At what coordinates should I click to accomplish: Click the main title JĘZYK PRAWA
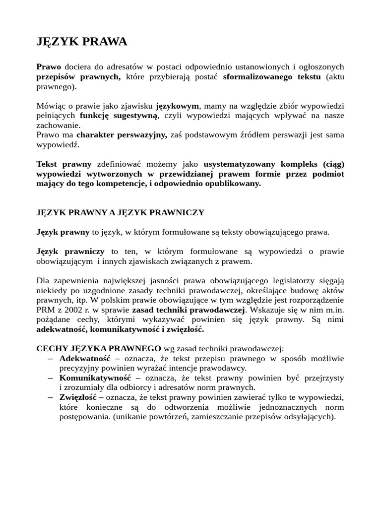(x=82, y=42)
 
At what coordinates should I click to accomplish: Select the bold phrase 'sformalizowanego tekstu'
(x=272, y=76)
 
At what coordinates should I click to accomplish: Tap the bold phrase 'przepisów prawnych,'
(x=78, y=76)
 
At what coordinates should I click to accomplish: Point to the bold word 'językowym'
(x=177, y=106)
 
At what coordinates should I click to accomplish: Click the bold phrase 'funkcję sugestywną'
(x=119, y=116)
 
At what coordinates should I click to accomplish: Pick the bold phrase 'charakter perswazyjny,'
(x=122, y=135)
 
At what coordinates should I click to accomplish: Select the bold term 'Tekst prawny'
(x=64, y=164)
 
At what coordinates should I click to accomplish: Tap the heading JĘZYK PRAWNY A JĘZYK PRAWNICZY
(x=120, y=212)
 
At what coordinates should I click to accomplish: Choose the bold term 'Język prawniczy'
(x=70, y=252)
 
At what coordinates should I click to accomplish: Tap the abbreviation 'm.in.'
(x=333, y=310)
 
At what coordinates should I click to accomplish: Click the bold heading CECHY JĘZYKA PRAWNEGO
(x=99, y=348)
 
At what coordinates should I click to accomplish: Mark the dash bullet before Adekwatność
(x=51, y=358)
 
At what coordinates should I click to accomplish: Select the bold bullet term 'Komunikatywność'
(x=95, y=378)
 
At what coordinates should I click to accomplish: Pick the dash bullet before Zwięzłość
(x=51, y=397)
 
